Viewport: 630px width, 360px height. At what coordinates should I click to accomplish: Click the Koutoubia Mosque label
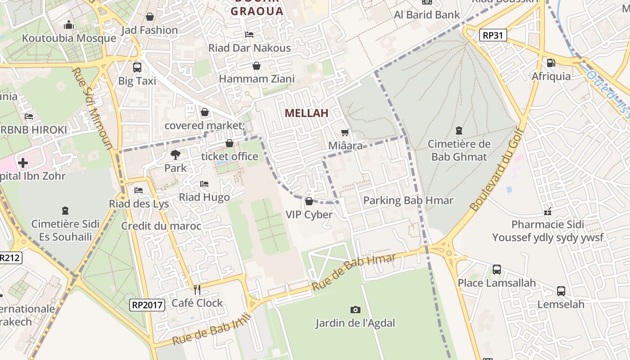coord(69,38)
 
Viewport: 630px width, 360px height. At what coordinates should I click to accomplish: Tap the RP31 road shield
coord(493,35)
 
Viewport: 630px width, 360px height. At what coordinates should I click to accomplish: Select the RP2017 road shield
coord(147,305)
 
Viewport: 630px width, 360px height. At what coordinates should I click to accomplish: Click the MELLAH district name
coord(306,113)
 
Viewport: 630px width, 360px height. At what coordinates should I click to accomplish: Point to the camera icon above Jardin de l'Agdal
coord(355,310)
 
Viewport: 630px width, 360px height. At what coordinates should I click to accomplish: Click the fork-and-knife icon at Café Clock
coord(197,289)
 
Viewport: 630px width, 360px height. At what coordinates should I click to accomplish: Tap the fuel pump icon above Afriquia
coord(551,63)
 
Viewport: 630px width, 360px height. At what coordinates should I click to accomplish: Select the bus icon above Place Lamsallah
coord(496,270)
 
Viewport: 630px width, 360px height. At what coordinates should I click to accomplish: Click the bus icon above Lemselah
coord(561,291)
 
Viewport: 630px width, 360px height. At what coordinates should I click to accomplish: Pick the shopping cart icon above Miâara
coord(345,132)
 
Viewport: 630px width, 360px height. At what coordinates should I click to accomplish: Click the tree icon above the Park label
coord(175,155)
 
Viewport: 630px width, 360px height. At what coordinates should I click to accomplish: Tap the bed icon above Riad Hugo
coord(204,184)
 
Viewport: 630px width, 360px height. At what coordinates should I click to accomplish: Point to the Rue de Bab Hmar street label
coord(354,271)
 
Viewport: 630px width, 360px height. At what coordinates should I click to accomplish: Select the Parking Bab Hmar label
coord(408,200)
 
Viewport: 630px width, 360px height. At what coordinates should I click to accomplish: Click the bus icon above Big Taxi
coord(137,67)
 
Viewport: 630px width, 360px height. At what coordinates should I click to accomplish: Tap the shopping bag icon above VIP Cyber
coord(309,201)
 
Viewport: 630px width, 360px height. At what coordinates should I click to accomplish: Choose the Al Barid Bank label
coord(427,15)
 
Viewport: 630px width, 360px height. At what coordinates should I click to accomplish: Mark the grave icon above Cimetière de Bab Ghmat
coord(459,131)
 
